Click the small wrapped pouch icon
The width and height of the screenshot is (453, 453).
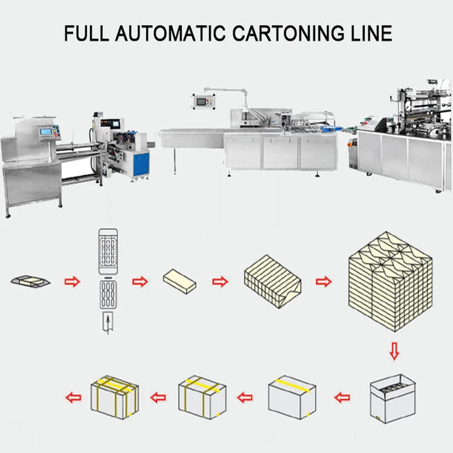[30, 280]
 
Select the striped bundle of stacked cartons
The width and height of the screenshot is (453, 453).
[272, 282]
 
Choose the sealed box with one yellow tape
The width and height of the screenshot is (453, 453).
[292, 394]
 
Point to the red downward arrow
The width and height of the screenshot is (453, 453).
[395, 352]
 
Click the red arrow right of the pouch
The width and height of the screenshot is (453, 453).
[72, 281]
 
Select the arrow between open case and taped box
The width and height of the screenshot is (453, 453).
[342, 397]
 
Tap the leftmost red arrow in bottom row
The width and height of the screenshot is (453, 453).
[72, 397]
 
